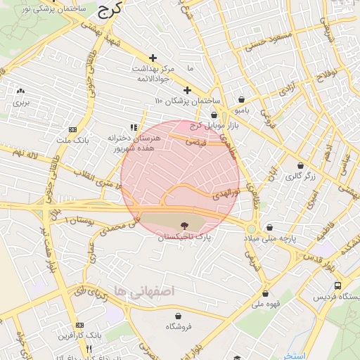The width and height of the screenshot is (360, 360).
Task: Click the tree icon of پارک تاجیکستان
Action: [x=184, y=226]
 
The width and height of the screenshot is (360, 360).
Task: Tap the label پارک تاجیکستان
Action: [x=184, y=239]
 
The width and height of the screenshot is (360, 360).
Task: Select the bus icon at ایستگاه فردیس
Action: [x=338, y=286]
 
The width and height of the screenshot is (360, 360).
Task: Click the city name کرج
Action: [x=110, y=8]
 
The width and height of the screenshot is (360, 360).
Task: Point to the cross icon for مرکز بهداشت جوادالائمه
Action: [x=153, y=57]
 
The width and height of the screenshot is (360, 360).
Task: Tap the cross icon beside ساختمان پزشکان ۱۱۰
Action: [x=187, y=90]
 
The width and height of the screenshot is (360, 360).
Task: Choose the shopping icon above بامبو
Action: [x=242, y=99]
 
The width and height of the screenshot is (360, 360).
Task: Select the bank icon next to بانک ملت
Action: [x=72, y=129]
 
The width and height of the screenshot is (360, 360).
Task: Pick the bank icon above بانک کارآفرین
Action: [x=79, y=325]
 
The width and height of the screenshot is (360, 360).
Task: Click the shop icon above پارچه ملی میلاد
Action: [x=271, y=226]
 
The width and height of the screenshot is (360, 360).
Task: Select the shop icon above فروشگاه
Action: [x=181, y=315]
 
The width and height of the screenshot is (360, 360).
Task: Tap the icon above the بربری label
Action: [x=20, y=91]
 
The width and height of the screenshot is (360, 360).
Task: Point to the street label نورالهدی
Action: [x=226, y=193]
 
